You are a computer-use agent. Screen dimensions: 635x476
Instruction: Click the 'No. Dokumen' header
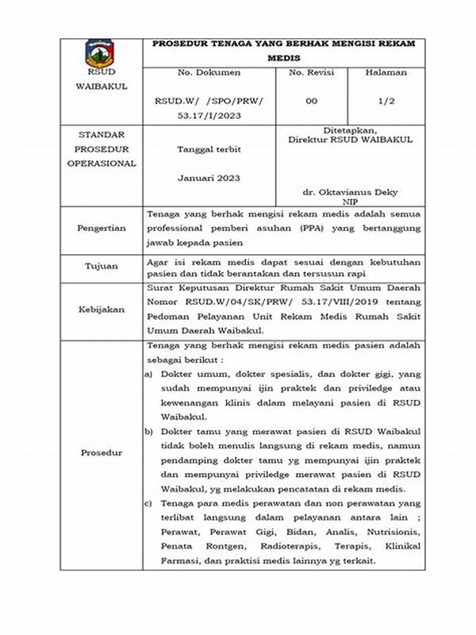click(209, 72)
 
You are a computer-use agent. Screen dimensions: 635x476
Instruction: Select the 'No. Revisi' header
click(311, 72)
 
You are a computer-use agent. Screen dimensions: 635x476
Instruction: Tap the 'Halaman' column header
click(386, 72)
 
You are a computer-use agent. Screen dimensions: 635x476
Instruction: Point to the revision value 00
click(311, 101)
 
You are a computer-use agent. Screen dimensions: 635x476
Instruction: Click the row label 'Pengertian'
click(101, 228)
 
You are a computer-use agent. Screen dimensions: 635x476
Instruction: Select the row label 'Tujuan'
click(101, 267)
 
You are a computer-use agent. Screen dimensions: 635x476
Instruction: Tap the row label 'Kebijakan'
click(101, 309)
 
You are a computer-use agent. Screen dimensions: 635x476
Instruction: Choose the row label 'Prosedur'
click(101, 452)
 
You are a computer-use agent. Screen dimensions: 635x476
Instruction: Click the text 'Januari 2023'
click(209, 178)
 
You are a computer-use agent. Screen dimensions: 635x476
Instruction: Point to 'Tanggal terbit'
click(209, 149)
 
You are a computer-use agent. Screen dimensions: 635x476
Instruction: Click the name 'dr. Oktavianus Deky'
click(351, 192)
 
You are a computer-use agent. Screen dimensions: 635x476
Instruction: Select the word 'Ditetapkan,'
click(351, 129)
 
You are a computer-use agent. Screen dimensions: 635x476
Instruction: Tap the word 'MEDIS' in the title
click(287, 57)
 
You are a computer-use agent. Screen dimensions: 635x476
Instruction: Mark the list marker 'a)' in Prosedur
click(149, 373)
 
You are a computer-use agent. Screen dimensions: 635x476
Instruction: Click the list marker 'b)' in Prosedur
click(149, 431)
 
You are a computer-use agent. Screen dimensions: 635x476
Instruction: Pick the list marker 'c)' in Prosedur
click(149, 503)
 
